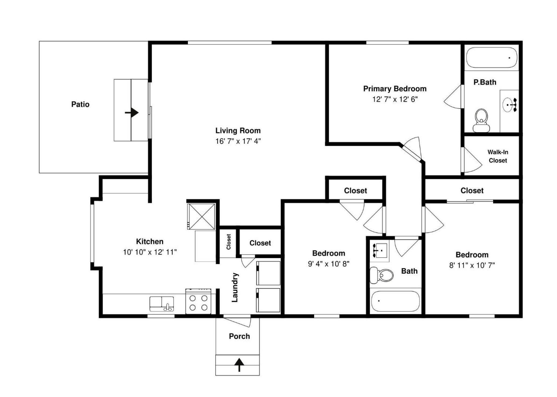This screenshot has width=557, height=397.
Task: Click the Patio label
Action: click(80, 104)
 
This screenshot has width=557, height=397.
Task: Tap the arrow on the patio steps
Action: click(132, 113)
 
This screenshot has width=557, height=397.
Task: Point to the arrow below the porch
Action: click(239, 365)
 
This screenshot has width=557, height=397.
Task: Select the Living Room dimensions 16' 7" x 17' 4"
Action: click(238, 141)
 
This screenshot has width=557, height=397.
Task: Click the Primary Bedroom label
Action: click(395, 89)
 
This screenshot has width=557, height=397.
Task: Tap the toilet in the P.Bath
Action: click(481, 120)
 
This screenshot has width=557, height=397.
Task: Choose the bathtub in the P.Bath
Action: click(492, 57)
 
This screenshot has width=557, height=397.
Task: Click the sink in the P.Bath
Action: click(509, 105)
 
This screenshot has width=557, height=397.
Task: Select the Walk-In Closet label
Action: click(498, 156)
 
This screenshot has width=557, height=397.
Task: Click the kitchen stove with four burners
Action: click(198, 301)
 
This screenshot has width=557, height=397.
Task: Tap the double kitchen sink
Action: click(162, 304)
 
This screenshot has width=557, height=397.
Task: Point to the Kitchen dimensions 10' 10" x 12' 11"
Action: click(150, 252)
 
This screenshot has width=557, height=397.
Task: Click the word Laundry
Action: click(235, 287)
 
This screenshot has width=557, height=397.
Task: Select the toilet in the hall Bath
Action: click(381, 275)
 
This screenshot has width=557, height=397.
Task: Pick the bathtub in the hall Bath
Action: click(395, 301)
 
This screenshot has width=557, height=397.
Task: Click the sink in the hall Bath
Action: click(380, 250)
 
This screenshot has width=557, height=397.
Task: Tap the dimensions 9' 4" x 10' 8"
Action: click(329, 264)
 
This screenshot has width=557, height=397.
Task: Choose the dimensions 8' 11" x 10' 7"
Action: click(472, 265)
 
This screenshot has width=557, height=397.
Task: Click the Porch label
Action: click(239, 336)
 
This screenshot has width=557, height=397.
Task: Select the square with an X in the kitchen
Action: click(201, 216)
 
